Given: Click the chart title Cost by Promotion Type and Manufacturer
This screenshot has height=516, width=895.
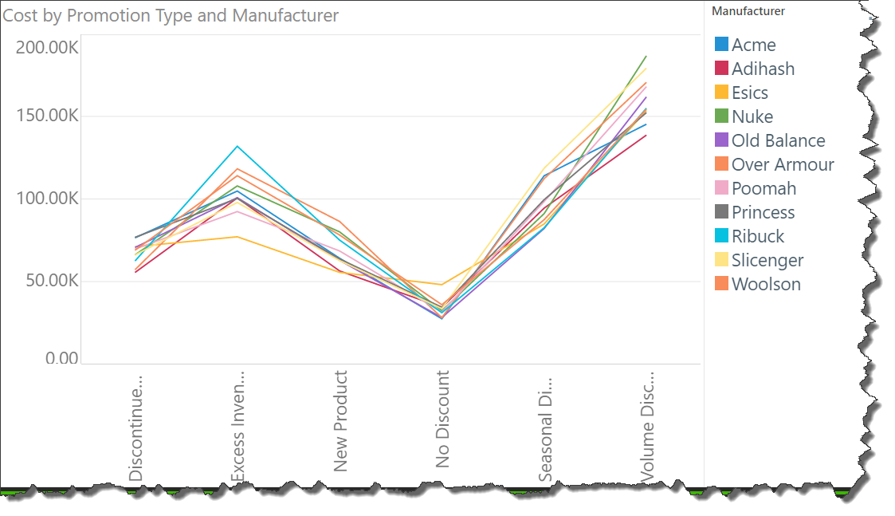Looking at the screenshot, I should tap(171, 15).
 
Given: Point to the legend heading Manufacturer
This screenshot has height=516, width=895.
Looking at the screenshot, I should tap(748, 11).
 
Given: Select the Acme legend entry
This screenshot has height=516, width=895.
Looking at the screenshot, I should tap(753, 45).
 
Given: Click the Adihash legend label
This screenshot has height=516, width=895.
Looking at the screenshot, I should tap(763, 69).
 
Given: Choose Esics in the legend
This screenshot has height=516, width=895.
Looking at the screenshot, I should tap(749, 93).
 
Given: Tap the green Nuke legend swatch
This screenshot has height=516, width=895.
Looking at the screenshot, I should tap(722, 116).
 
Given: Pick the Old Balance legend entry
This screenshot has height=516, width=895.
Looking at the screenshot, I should tap(778, 140).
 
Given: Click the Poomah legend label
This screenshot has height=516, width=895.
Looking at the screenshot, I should tap(763, 188).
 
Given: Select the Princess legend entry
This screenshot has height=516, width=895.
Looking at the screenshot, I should tap(763, 212).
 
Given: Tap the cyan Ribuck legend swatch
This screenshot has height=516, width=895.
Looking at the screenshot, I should tap(722, 236).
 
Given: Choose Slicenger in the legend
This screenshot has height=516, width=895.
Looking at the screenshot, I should tap(767, 260).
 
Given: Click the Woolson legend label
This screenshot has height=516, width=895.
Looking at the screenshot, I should tap(766, 284).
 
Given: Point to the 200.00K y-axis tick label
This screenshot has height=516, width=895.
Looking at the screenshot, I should tap(47, 48).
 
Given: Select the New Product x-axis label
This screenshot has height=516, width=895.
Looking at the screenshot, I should tap(341, 421).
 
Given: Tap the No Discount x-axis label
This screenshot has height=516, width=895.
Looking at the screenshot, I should tap(443, 419).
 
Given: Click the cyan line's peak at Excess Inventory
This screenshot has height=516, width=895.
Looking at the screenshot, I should tap(237, 146).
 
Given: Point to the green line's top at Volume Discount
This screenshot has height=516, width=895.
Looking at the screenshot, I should tap(646, 56).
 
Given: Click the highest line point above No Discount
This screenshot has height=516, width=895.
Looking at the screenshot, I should tap(441, 284).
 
